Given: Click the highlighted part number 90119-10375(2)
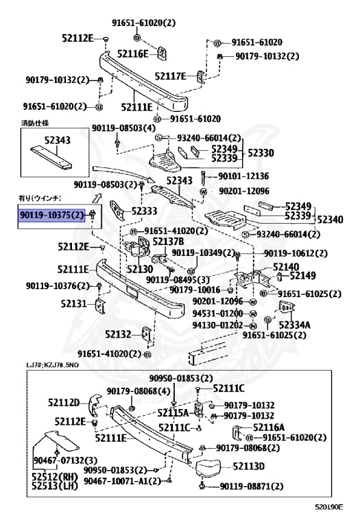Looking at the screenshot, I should [x=51, y=215].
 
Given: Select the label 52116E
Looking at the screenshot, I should [x=133, y=53].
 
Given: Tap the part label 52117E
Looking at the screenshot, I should [x=171, y=75].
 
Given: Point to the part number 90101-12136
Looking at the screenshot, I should [x=243, y=176].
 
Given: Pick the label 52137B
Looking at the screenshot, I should [x=168, y=242].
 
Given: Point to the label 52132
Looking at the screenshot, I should [x=118, y=334].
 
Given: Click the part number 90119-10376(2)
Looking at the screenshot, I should [x=58, y=285].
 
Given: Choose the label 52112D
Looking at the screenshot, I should [x=64, y=402].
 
